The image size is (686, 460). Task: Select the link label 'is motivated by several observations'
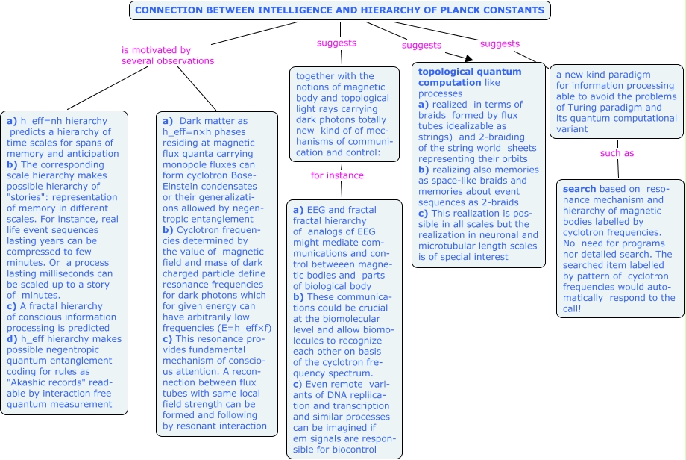tap(168, 55)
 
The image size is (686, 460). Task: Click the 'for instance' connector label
tap(337, 175)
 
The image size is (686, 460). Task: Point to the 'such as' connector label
tap(617, 153)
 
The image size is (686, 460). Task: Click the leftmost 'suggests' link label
tap(336, 43)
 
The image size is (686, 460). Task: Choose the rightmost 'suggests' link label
tap(500, 44)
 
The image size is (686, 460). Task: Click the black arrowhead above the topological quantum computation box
tap(469, 58)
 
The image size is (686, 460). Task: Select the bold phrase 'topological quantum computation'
tap(470, 77)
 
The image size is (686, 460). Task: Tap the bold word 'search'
tap(579, 189)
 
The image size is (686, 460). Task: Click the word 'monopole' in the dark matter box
tap(183, 164)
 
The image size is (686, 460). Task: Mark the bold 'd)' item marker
tap(12, 338)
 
